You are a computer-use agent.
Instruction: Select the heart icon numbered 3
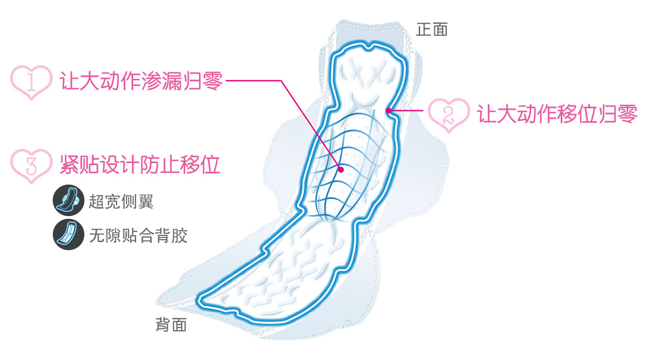click(x=31, y=165)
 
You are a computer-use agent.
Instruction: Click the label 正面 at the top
click(x=432, y=29)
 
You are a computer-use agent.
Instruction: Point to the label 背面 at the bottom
click(x=171, y=325)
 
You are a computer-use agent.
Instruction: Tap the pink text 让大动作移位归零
click(x=557, y=114)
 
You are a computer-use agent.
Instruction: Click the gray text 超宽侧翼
click(x=121, y=201)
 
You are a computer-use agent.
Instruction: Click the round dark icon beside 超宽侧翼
click(x=69, y=200)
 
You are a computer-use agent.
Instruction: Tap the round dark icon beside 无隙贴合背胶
click(x=69, y=234)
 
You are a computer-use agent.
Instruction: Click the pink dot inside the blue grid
click(x=341, y=169)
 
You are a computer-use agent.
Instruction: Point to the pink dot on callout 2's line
click(x=388, y=110)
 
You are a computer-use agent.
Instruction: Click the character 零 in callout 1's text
click(x=212, y=82)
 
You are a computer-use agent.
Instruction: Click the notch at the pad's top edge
click(x=370, y=49)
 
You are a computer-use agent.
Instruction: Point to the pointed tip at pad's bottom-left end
click(x=200, y=301)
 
